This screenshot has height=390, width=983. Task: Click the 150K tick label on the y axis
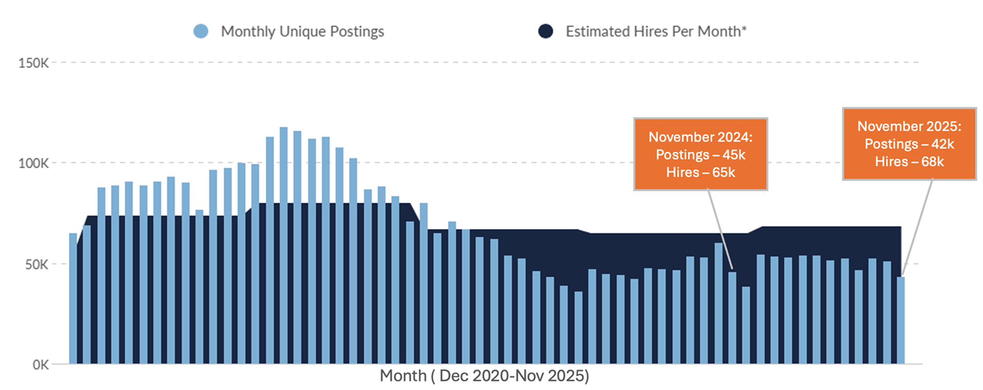(x=33, y=63)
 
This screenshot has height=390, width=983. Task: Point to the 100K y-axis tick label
(x=33, y=163)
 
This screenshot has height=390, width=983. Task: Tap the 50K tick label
(x=36, y=265)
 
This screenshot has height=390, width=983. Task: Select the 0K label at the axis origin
(x=40, y=365)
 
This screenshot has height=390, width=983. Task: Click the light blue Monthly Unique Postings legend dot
(x=201, y=31)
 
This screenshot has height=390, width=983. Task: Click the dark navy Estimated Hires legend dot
(x=546, y=31)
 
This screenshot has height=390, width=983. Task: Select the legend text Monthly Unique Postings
(x=302, y=31)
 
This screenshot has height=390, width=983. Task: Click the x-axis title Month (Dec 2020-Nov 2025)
(x=484, y=376)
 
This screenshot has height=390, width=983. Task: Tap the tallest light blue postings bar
(x=284, y=246)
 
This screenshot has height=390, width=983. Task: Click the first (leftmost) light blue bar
(x=73, y=300)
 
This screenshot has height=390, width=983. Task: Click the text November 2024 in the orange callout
(x=700, y=137)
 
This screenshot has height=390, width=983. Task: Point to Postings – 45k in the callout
(x=700, y=155)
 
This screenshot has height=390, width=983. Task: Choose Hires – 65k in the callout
(x=700, y=172)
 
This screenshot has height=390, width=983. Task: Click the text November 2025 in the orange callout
(x=909, y=126)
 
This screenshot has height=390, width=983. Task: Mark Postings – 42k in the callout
(x=909, y=144)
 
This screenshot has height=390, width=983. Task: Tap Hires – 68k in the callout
(x=909, y=162)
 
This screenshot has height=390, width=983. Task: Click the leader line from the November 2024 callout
(x=721, y=230)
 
